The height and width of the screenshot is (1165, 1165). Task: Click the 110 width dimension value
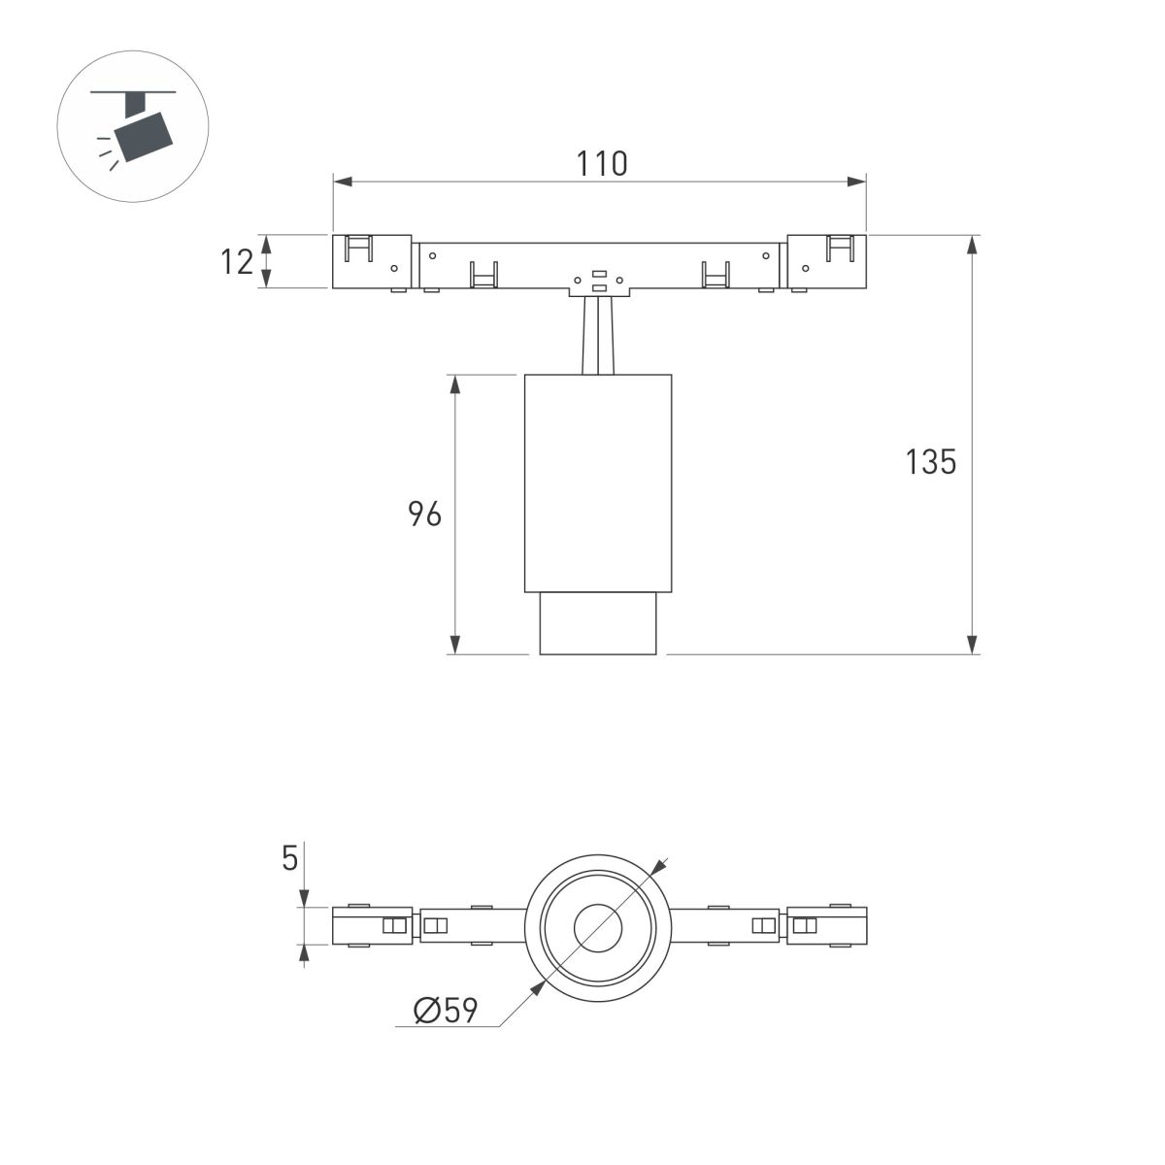(601, 163)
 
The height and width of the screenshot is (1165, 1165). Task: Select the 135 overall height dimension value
(931, 462)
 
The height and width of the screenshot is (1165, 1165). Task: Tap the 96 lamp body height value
(424, 515)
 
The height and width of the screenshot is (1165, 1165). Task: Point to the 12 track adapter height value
(237, 261)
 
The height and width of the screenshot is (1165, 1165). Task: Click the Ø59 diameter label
(446, 1011)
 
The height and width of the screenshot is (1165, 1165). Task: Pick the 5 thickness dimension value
(289, 858)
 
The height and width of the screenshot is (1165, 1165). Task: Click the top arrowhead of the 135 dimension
(972, 244)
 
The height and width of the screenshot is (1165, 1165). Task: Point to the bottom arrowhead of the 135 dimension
(972, 644)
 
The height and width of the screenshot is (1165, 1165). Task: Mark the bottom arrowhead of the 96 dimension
(455, 644)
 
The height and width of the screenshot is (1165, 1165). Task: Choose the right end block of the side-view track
(826, 261)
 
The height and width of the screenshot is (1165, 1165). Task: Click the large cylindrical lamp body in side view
(598, 482)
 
